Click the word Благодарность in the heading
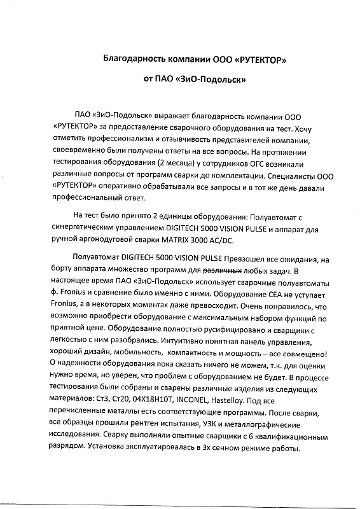(134, 59)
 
